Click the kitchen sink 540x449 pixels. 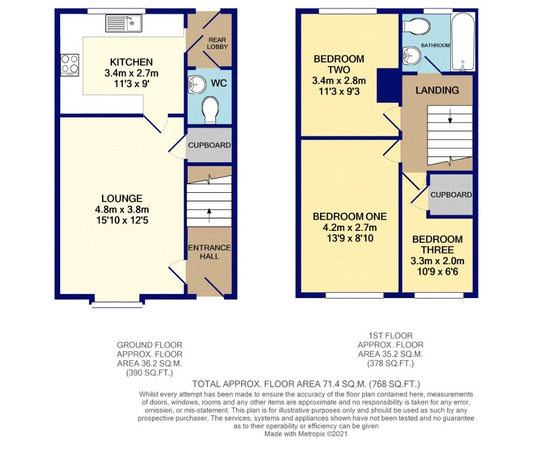pos(123,23)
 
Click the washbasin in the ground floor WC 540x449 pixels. pos(195,84)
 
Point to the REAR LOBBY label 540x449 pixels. pos(217,43)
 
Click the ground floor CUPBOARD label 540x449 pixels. pos(209,145)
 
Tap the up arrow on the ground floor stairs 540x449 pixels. pos(209,215)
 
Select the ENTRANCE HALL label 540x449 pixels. pos(209,252)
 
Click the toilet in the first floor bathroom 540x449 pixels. pos(417,26)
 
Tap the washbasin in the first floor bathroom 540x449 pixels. pos(411,54)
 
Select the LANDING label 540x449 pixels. pos(437,90)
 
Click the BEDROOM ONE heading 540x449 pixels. pos(349,216)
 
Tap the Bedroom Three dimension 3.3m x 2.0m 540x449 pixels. pos(437,261)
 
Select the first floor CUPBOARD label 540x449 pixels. pos(451,195)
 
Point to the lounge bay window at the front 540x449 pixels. pos(117,305)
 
